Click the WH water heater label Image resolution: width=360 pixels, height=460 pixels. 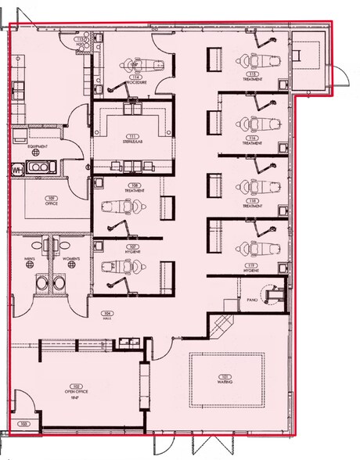pos(16,168)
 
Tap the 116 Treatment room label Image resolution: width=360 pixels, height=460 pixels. pos(252,140)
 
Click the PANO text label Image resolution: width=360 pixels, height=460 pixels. pos(252,300)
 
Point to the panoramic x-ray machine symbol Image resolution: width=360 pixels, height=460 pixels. pos(274,295)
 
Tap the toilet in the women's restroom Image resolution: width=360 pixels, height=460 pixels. pos(57,283)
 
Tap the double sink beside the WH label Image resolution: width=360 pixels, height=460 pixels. pos(39,167)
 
